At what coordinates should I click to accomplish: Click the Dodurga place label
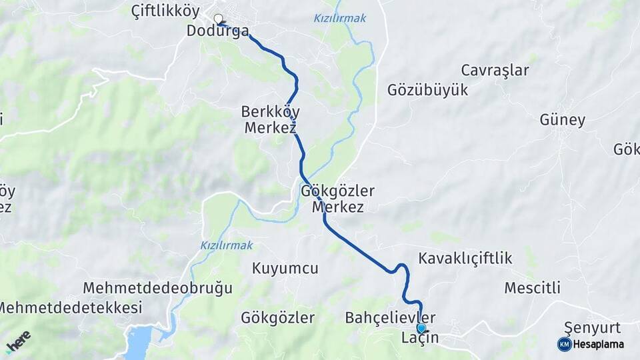217,31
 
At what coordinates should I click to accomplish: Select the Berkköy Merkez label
270,119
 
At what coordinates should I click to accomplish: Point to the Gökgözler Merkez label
338,199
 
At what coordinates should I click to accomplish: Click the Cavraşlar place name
495,71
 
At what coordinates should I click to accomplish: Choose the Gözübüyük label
428,91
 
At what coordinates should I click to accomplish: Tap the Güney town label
563,121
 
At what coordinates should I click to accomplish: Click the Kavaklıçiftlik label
465,258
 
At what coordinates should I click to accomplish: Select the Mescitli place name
532,288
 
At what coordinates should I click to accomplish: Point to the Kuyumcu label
285,269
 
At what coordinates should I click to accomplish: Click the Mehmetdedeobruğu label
158,288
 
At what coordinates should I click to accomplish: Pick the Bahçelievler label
391,317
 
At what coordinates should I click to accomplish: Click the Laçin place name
419,338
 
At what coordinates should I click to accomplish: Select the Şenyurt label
592,327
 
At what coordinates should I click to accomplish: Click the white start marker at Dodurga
218,19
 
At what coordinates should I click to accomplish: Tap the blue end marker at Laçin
421,328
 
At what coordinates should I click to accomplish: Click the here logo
18,341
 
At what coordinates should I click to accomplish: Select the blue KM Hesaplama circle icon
564,344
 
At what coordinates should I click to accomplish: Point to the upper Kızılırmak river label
339,18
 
